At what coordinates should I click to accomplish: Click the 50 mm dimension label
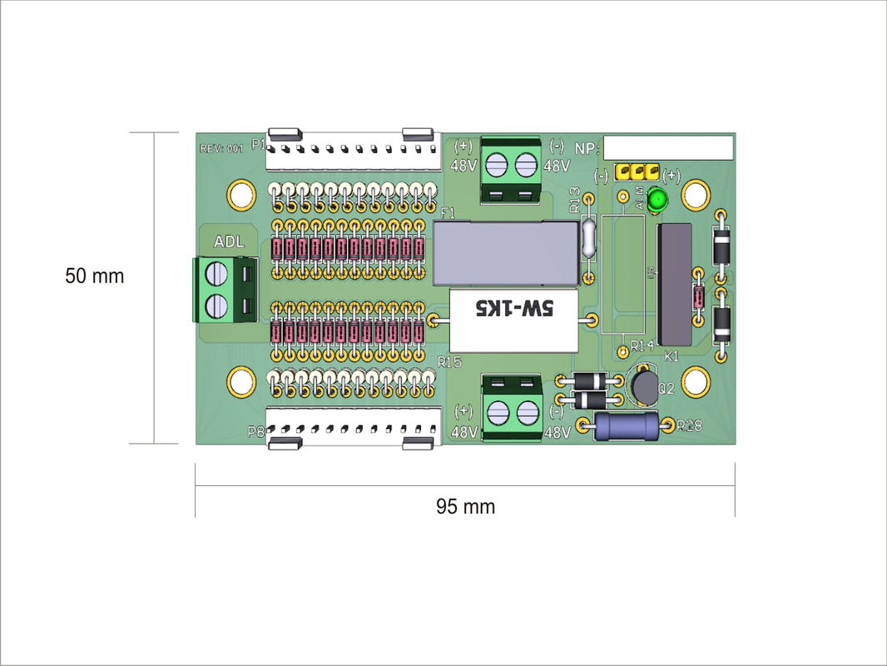94,276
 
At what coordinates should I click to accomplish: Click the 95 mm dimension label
465,506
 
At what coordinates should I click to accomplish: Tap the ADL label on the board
229,242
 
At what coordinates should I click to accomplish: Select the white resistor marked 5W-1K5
514,321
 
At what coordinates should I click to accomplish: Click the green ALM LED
658,200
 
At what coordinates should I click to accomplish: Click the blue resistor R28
627,426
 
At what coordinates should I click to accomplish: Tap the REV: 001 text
221,149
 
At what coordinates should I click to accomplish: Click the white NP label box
668,147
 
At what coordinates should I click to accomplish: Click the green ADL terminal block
224,289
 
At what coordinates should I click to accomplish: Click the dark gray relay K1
674,284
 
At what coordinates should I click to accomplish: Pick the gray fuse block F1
505,253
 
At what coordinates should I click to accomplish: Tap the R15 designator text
449,362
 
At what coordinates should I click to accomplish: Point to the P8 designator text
256,431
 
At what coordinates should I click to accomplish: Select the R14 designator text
642,345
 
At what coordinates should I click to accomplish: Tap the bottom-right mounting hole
696,383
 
